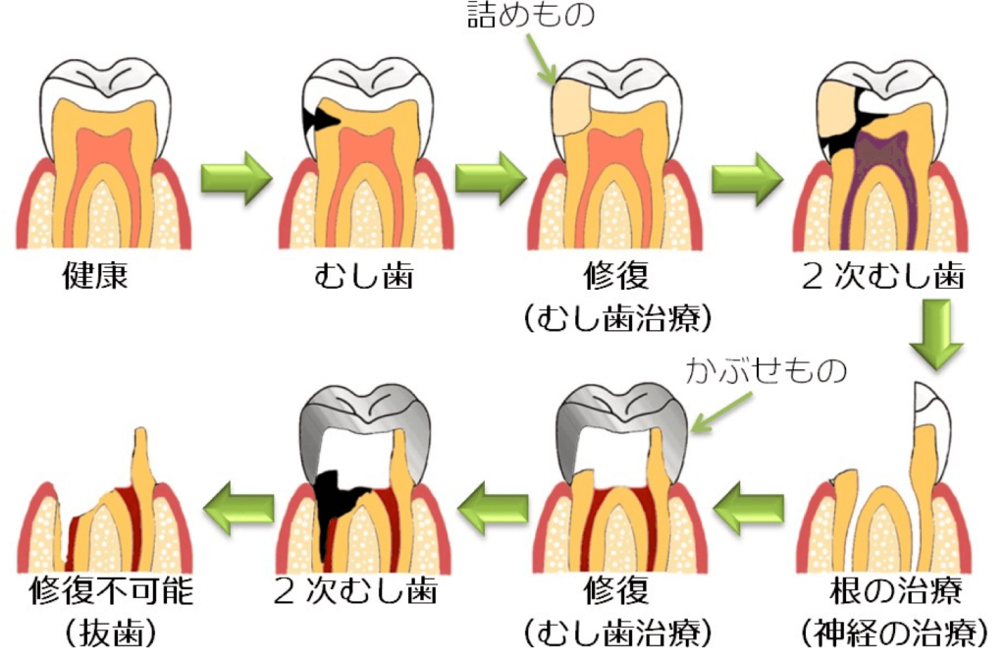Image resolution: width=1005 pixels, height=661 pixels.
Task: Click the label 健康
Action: [x=94, y=275]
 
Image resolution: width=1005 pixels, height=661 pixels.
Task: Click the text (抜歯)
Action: [x=111, y=633]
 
